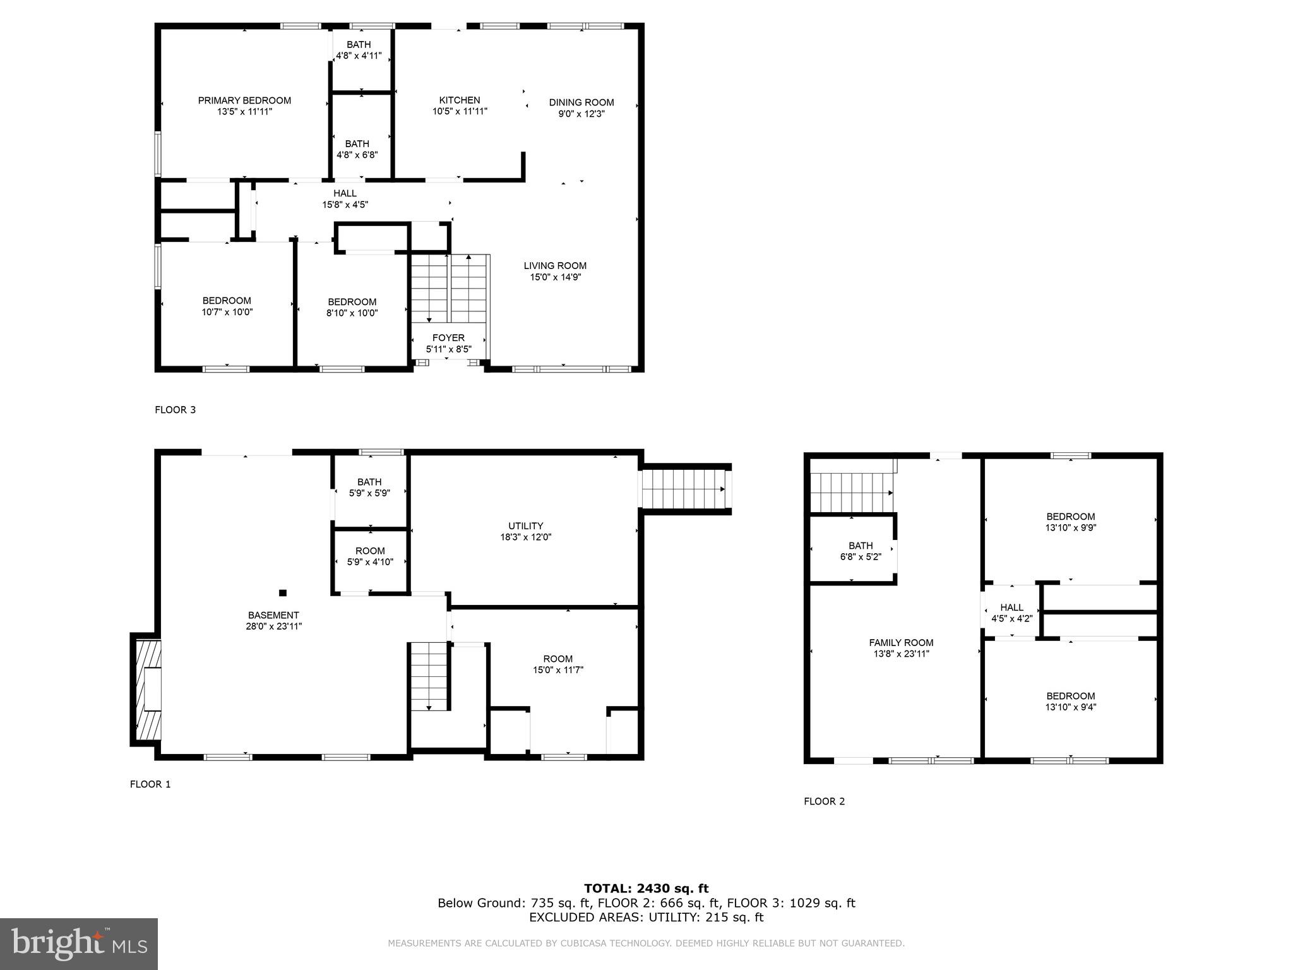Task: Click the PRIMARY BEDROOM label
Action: click(244, 100)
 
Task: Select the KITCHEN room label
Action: click(460, 100)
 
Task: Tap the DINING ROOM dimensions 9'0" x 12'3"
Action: click(581, 114)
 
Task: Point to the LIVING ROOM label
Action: click(555, 266)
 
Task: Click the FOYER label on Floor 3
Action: click(448, 338)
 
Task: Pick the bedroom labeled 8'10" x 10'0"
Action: click(352, 307)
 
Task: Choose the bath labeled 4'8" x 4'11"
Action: click(359, 50)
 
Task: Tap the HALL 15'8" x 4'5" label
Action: click(345, 199)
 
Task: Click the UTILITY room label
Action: click(525, 526)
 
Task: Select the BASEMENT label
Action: click(273, 615)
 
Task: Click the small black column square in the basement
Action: click(283, 592)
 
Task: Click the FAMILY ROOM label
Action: click(901, 643)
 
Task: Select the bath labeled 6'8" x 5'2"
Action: click(861, 551)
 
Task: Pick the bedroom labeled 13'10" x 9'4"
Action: click(1070, 702)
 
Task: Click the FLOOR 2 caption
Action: click(824, 801)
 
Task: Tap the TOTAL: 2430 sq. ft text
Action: click(646, 889)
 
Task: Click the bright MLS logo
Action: click(79, 943)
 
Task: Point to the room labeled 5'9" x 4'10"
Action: click(370, 556)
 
